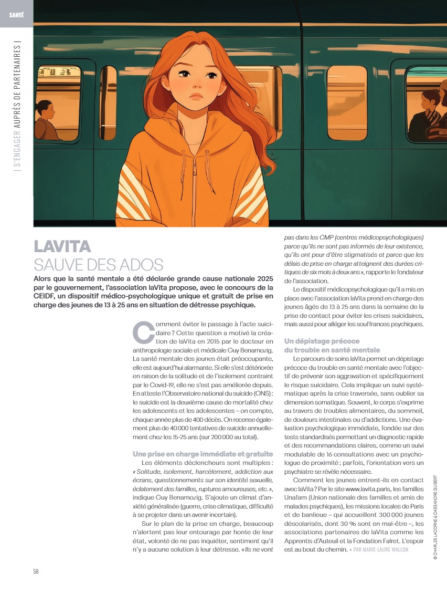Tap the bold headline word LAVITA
tap(62, 246)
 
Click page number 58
tap(36, 571)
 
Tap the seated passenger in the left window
tap(46, 122)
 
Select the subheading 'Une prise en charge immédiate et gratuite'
tap(203, 454)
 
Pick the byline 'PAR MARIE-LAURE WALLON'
tap(380, 549)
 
